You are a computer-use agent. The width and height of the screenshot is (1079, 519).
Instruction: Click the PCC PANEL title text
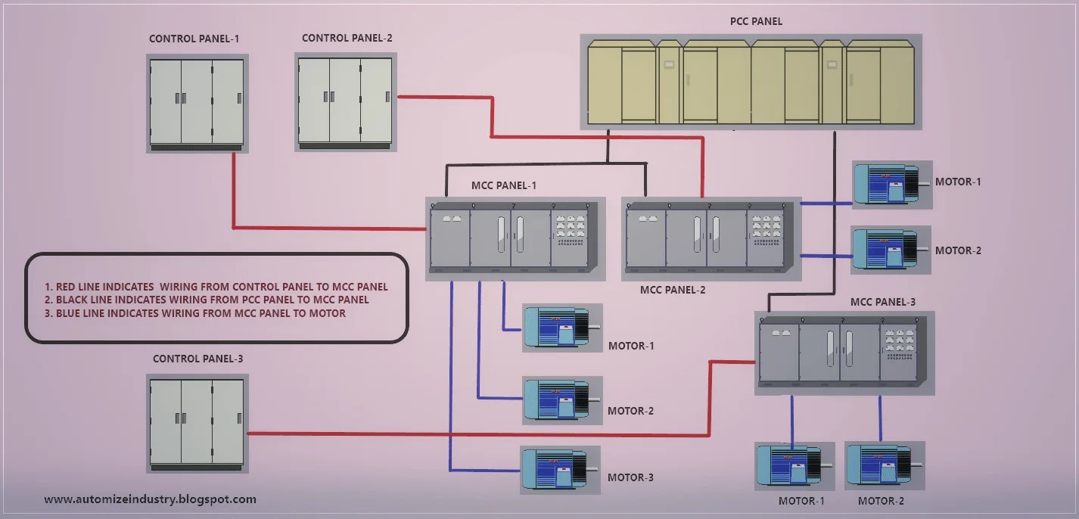(756, 22)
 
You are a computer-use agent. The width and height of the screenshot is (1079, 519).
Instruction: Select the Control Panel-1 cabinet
(197, 102)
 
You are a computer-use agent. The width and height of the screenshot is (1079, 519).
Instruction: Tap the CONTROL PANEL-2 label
(347, 38)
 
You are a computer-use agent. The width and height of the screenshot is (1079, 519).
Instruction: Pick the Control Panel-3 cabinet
(197, 421)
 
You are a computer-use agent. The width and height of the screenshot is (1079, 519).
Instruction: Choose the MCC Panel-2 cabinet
(711, 238)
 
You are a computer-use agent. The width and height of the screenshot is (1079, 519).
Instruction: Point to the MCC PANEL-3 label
(883, 302)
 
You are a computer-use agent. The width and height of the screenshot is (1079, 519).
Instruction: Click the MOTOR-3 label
(630, 477)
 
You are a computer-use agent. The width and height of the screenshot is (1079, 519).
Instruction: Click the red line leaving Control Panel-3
(477, 434)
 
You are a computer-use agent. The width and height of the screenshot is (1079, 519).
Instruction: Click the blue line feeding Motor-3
(451, 378)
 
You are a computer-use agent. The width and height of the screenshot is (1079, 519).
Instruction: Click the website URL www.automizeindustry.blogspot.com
(150, 499)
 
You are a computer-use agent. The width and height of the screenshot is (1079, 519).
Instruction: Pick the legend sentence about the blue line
(201, 313)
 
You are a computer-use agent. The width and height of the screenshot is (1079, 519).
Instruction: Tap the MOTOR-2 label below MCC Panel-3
(881, 501)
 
